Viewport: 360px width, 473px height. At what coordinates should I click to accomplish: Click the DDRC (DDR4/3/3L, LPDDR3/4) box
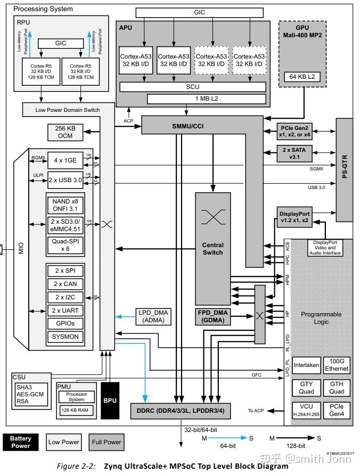[181, 411]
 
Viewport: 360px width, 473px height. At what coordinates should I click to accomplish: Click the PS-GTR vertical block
[344, 170]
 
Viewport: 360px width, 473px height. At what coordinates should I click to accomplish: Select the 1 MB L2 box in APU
[186, 99]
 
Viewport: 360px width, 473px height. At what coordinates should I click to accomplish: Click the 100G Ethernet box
[337, 365]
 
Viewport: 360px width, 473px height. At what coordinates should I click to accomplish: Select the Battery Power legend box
[21, 442]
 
